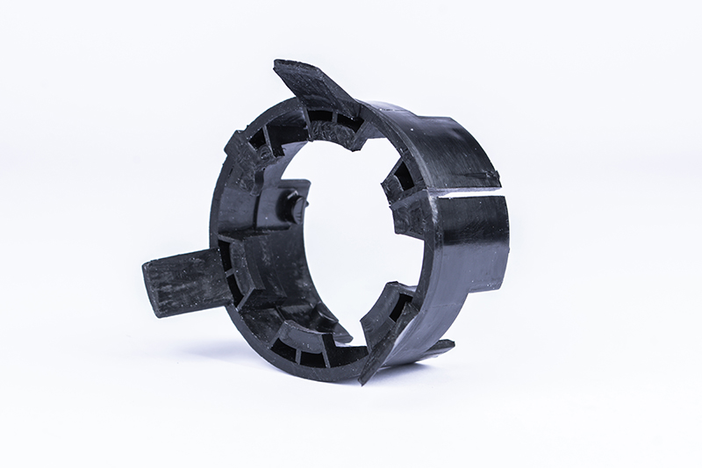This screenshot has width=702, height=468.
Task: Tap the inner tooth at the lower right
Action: point(390,303)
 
